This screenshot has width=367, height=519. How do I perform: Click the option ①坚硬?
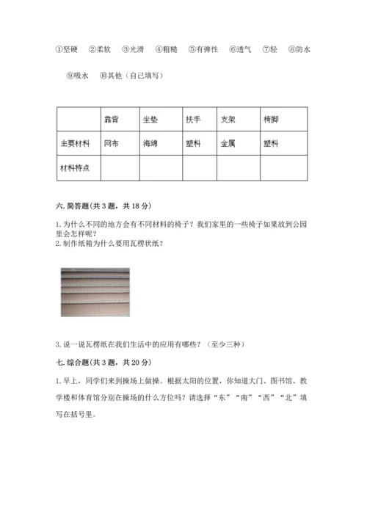click(68, 50)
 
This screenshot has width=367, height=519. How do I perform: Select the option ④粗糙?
click(168, 50)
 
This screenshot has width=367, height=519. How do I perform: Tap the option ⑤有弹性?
click(203, 50)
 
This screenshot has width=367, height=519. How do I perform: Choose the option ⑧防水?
click(299, 50)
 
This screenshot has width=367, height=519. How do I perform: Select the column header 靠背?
click(112, 119)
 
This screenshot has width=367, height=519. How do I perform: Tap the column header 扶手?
click(194, 119)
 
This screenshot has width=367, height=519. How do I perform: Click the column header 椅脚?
click(271, 119)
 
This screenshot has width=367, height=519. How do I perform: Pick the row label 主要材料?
click(76, 143)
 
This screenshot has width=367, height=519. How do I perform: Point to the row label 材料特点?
click(76, 168)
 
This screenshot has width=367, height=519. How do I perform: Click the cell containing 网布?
click(112, 143)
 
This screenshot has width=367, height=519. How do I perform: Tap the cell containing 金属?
click(228, 143)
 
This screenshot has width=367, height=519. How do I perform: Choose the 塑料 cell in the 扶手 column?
click(194, 143)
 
